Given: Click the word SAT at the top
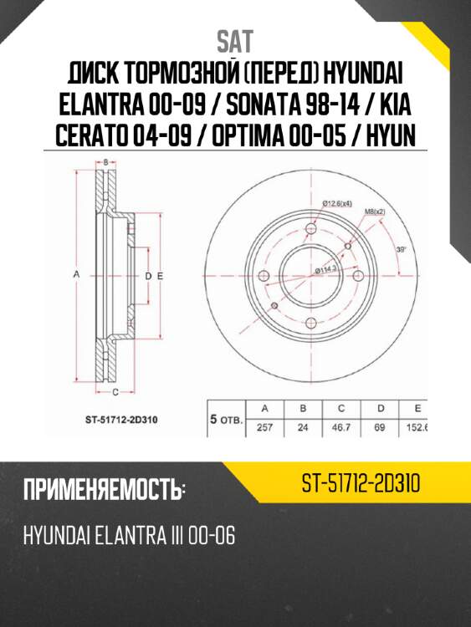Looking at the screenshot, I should pyautogui.click(x=235, y=41).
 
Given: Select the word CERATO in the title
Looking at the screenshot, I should pyautogui.click(x=92, y=136).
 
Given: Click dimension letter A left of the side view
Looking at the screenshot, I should pyautogui.click(x=76, y=274).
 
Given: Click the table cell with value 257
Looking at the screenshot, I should pyautogui.click(x=264, y=427).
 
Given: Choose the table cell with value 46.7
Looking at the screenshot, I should pyautogui.click(x=341, y=427).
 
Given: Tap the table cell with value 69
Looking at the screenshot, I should pyautogui.click(x=381, y=427).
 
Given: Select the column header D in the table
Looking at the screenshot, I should pyautogui.click(x=381, y=409).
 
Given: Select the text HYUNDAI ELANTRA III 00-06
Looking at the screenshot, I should pyautogui.click(x=129, y=535).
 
